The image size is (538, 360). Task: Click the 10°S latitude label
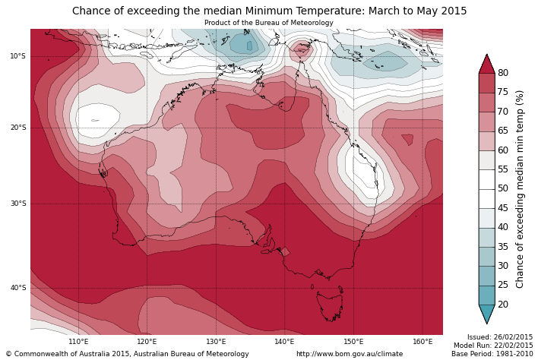pyautogui.click(x=17, y=56)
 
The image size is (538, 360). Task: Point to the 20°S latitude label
pyautogui.click(x=17, y=128)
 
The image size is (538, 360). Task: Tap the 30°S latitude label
pyautogui.click(x=17, y=204)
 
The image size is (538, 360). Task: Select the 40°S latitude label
pyautogui.click(x=17, y=288)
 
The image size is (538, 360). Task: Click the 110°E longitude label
pyautogui.click(x=78, y=342)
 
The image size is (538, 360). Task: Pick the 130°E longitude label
pyautogui.click(x=216, y=342)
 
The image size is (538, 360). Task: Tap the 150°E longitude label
pyautogui.click(x=353, y=342)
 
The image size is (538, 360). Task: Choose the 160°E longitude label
pyautogui.click(x=422, y=342)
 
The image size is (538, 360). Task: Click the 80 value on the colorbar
pyautogui.click(x=503, y=73)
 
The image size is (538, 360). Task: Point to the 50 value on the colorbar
pyautogui.click(x=503, y=188)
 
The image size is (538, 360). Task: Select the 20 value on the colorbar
pyautogui.click(x=503, y=305)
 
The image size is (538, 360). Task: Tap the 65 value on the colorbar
pyautogui.click(x=503, y=131)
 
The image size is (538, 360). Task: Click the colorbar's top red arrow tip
pyautogui.click(x=486, y=55)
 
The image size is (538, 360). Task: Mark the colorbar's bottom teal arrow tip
pyautogui.click(x=486, y=323)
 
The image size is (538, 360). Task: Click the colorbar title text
pyautogui.click(x=521, y=188)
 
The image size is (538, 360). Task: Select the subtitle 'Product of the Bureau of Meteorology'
pyautogui.click(x=269, y=23)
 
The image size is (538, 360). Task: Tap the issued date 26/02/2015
pyautogui.click(x=514, y=337)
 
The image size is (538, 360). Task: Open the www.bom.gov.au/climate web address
pyautogui.click(x=350, y=354)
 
